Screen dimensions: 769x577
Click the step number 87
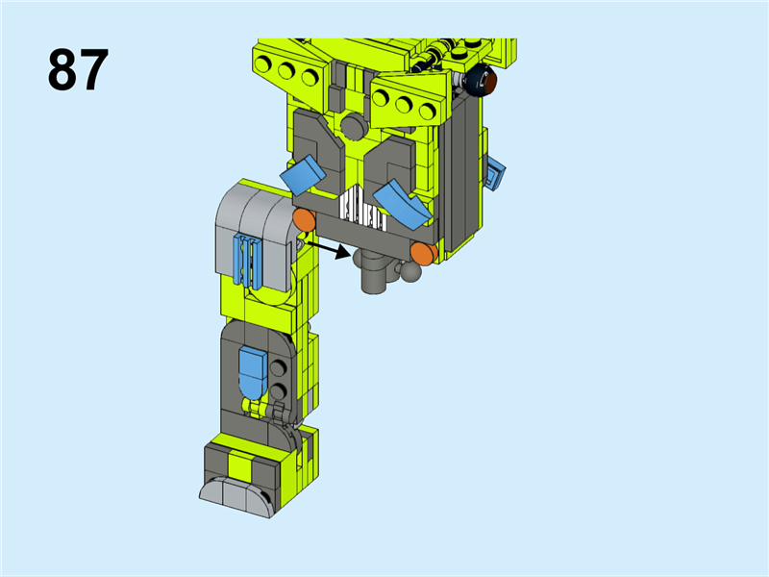pos(78,69)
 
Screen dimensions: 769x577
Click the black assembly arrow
pos(329,249)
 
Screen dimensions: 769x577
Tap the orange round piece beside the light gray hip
pos(305,219)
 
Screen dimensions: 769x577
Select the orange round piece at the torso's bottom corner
pos(424,253)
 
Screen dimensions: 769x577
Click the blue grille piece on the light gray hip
pos(249,260)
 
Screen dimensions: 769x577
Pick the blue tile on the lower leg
pos(253,372)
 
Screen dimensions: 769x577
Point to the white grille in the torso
pos(362,211)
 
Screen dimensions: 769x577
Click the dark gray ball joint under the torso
pos(410,271)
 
